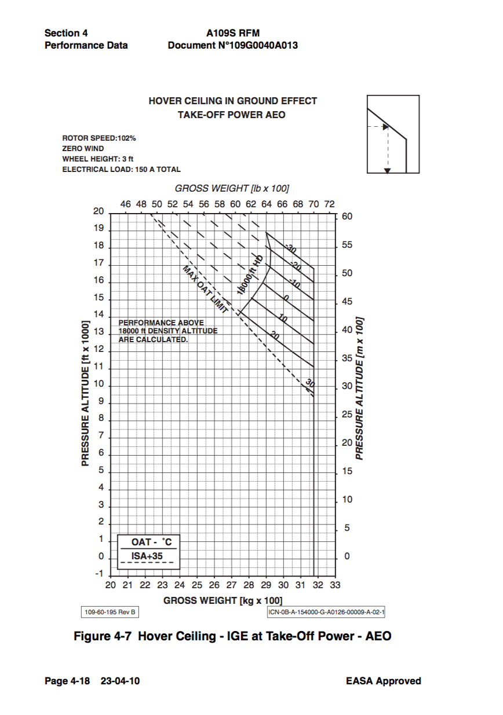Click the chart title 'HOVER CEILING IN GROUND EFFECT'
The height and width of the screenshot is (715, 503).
coord(232,101)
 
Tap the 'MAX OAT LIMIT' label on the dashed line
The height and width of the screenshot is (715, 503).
coord(205,289)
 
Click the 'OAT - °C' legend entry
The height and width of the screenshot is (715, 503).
coord(152,542)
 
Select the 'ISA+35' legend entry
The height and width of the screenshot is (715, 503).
coord(147,556)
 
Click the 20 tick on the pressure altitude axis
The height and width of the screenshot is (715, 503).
coord(99,211)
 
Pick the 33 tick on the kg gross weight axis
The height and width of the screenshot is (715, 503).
coord(334,585)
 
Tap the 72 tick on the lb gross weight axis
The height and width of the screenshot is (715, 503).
coord(329,204)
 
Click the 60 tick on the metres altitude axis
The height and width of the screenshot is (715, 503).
coord(348,217)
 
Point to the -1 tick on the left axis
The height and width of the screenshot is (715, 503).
coord(99,574)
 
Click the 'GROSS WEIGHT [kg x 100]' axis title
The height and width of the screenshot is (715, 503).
coord(223,600)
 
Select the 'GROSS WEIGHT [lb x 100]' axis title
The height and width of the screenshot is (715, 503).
coord(232,188)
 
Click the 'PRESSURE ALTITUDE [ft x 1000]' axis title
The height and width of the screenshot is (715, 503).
coord(85,393)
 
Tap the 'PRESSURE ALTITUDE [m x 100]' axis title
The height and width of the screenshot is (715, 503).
coord(359,388)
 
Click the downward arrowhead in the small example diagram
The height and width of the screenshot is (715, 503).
coord(388,170)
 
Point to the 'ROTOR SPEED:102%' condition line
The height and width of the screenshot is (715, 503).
coord(99,138)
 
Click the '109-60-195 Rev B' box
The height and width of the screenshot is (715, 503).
coord(110,612)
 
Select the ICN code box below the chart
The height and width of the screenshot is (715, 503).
coord(326,612)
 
